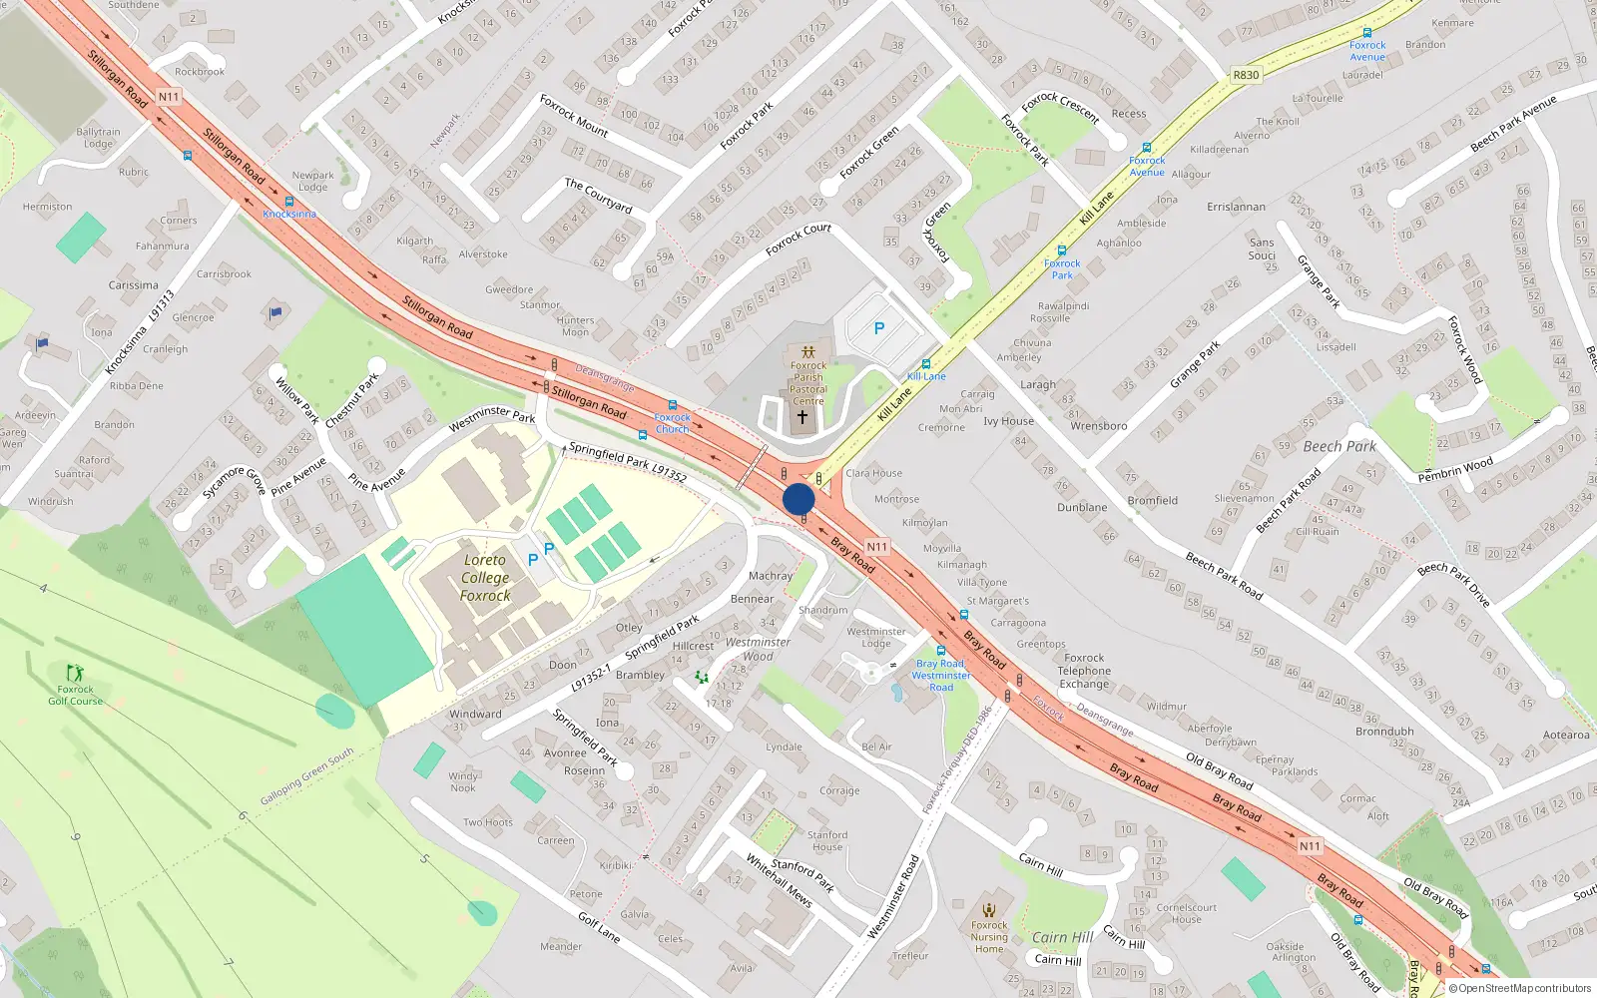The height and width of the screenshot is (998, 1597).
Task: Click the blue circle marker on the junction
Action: (x=798, y=499)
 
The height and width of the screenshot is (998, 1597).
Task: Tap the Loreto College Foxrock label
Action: (x=485, y=578)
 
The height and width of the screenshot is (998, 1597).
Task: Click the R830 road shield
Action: (x=1246, y=75)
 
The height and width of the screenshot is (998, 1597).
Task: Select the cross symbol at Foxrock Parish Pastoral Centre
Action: (x=801, y=417)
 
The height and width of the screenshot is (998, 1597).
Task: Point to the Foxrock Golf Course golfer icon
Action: (x=74, y=673)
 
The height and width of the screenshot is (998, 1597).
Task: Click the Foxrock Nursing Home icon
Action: (x=989, y=910)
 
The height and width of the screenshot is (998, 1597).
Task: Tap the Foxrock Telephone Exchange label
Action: (x=1084, y=671)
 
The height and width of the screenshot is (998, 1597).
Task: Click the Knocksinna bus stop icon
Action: (x=289, y=202)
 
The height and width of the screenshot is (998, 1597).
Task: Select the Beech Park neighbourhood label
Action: (x=1339, y=446)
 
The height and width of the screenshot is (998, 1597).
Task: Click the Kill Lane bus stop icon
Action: (x=926, y=364)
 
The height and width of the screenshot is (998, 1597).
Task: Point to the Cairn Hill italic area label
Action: (x=1062, y=937)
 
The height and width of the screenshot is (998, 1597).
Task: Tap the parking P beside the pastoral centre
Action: (x=879, y=327)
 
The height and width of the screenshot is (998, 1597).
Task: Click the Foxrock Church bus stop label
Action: (x=672, y=423)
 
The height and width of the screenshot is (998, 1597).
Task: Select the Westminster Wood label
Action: (x=758, y=649)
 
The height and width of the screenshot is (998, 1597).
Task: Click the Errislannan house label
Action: (x=1236, y=207)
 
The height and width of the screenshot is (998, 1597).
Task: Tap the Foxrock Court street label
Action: (x=798, y=240)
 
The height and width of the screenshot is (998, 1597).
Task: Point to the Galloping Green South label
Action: (x=307, y=776)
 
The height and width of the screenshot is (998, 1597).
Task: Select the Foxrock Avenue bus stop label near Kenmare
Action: (x=1367, y=51)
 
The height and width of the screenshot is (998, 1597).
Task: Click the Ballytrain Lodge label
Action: (x=98, y=138)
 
